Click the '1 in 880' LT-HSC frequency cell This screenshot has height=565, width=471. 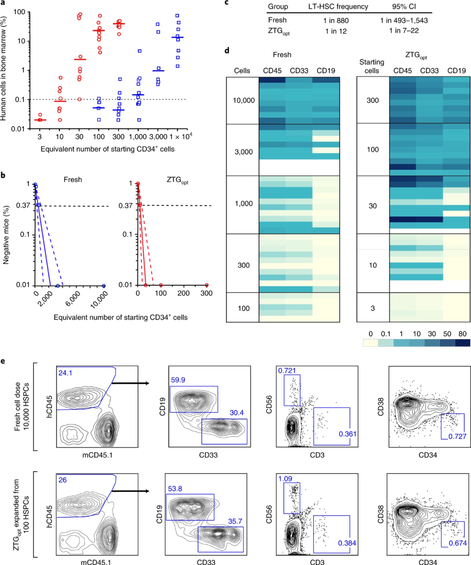(x=336, y=20)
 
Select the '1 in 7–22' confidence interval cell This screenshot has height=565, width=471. (x=404, y=30)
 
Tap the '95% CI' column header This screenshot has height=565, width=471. (x=404, y=7)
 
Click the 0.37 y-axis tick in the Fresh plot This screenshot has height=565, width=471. (x=23, y=206)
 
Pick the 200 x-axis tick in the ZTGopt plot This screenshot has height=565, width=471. (x=184, y=294)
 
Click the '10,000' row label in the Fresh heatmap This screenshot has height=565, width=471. (x=243, y=101)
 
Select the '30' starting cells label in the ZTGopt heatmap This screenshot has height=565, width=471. (x=372, y=206)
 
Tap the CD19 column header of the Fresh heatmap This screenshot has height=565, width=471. (x=326, y=71)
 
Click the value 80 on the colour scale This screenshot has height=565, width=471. (x=462, y=334)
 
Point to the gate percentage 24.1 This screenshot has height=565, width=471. (x=65, y=373)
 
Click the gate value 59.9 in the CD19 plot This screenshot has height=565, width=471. (x=178, y=380)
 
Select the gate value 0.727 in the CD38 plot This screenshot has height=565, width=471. (x=457, y=436)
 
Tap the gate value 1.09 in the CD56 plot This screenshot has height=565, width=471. (x=285, y=479)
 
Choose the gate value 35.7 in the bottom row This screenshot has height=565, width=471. (x=235, y=521)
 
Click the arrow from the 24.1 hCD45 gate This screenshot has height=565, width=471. (x=130, y=383)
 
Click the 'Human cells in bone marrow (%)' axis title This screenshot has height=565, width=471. (x=4, y=68)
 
